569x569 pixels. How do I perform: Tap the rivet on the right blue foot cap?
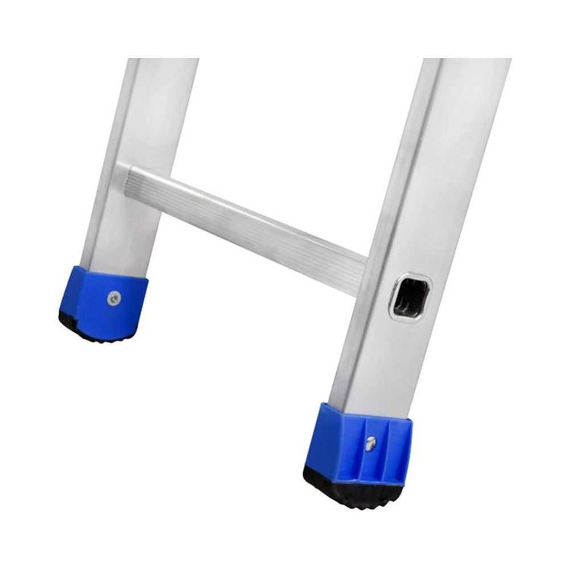370,443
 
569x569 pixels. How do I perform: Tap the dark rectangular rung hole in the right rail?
410,298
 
